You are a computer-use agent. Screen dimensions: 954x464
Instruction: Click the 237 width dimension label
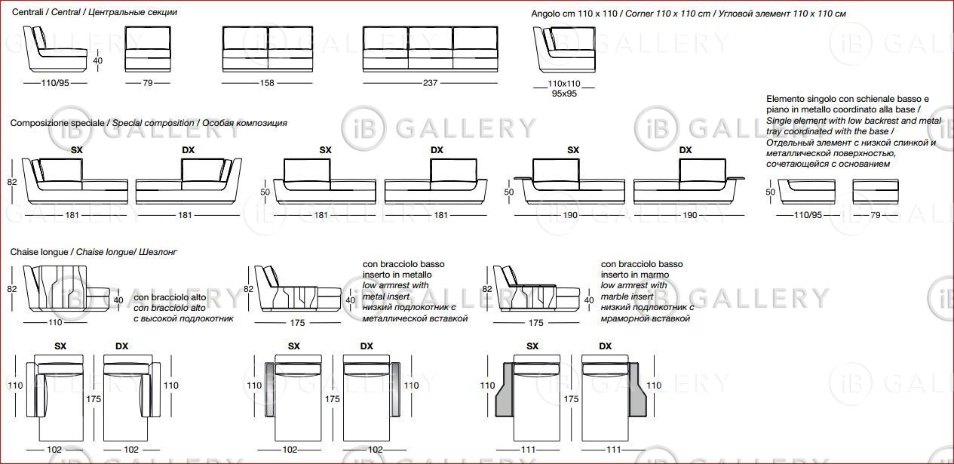pos(430,83)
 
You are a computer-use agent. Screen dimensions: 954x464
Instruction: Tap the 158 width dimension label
pos(267,83)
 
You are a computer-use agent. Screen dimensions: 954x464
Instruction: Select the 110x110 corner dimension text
pos(564,84)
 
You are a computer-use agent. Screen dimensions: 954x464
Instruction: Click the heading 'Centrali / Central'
pos(46,12)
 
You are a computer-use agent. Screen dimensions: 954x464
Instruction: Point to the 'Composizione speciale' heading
pos(57,123)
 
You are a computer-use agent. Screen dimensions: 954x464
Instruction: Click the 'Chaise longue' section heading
pos(39,252)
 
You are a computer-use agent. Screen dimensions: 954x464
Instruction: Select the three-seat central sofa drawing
pos(430,49)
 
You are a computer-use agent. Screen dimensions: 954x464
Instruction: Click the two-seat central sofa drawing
pos(268,49)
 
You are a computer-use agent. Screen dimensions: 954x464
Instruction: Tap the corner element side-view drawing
pos(564,51)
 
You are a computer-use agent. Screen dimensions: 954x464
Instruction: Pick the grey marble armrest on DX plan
pos(637,390)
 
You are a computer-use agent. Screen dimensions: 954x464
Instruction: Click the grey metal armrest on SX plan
pos(269,390)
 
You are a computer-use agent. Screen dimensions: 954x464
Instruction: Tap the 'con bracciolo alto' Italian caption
pos(170,297)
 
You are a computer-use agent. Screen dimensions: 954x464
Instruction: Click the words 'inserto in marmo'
pos(635,275)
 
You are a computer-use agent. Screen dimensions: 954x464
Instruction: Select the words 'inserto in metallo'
pos(397,275)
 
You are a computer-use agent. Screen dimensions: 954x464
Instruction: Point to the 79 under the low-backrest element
pos(876,215)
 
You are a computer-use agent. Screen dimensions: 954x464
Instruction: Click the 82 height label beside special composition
pos(12,182)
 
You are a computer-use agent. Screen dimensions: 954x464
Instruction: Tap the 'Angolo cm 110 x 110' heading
pos(574,14)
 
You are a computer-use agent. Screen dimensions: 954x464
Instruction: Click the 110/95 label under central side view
pos(55,83)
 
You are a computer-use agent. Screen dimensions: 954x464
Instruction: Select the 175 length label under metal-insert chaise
pos(297,323)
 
